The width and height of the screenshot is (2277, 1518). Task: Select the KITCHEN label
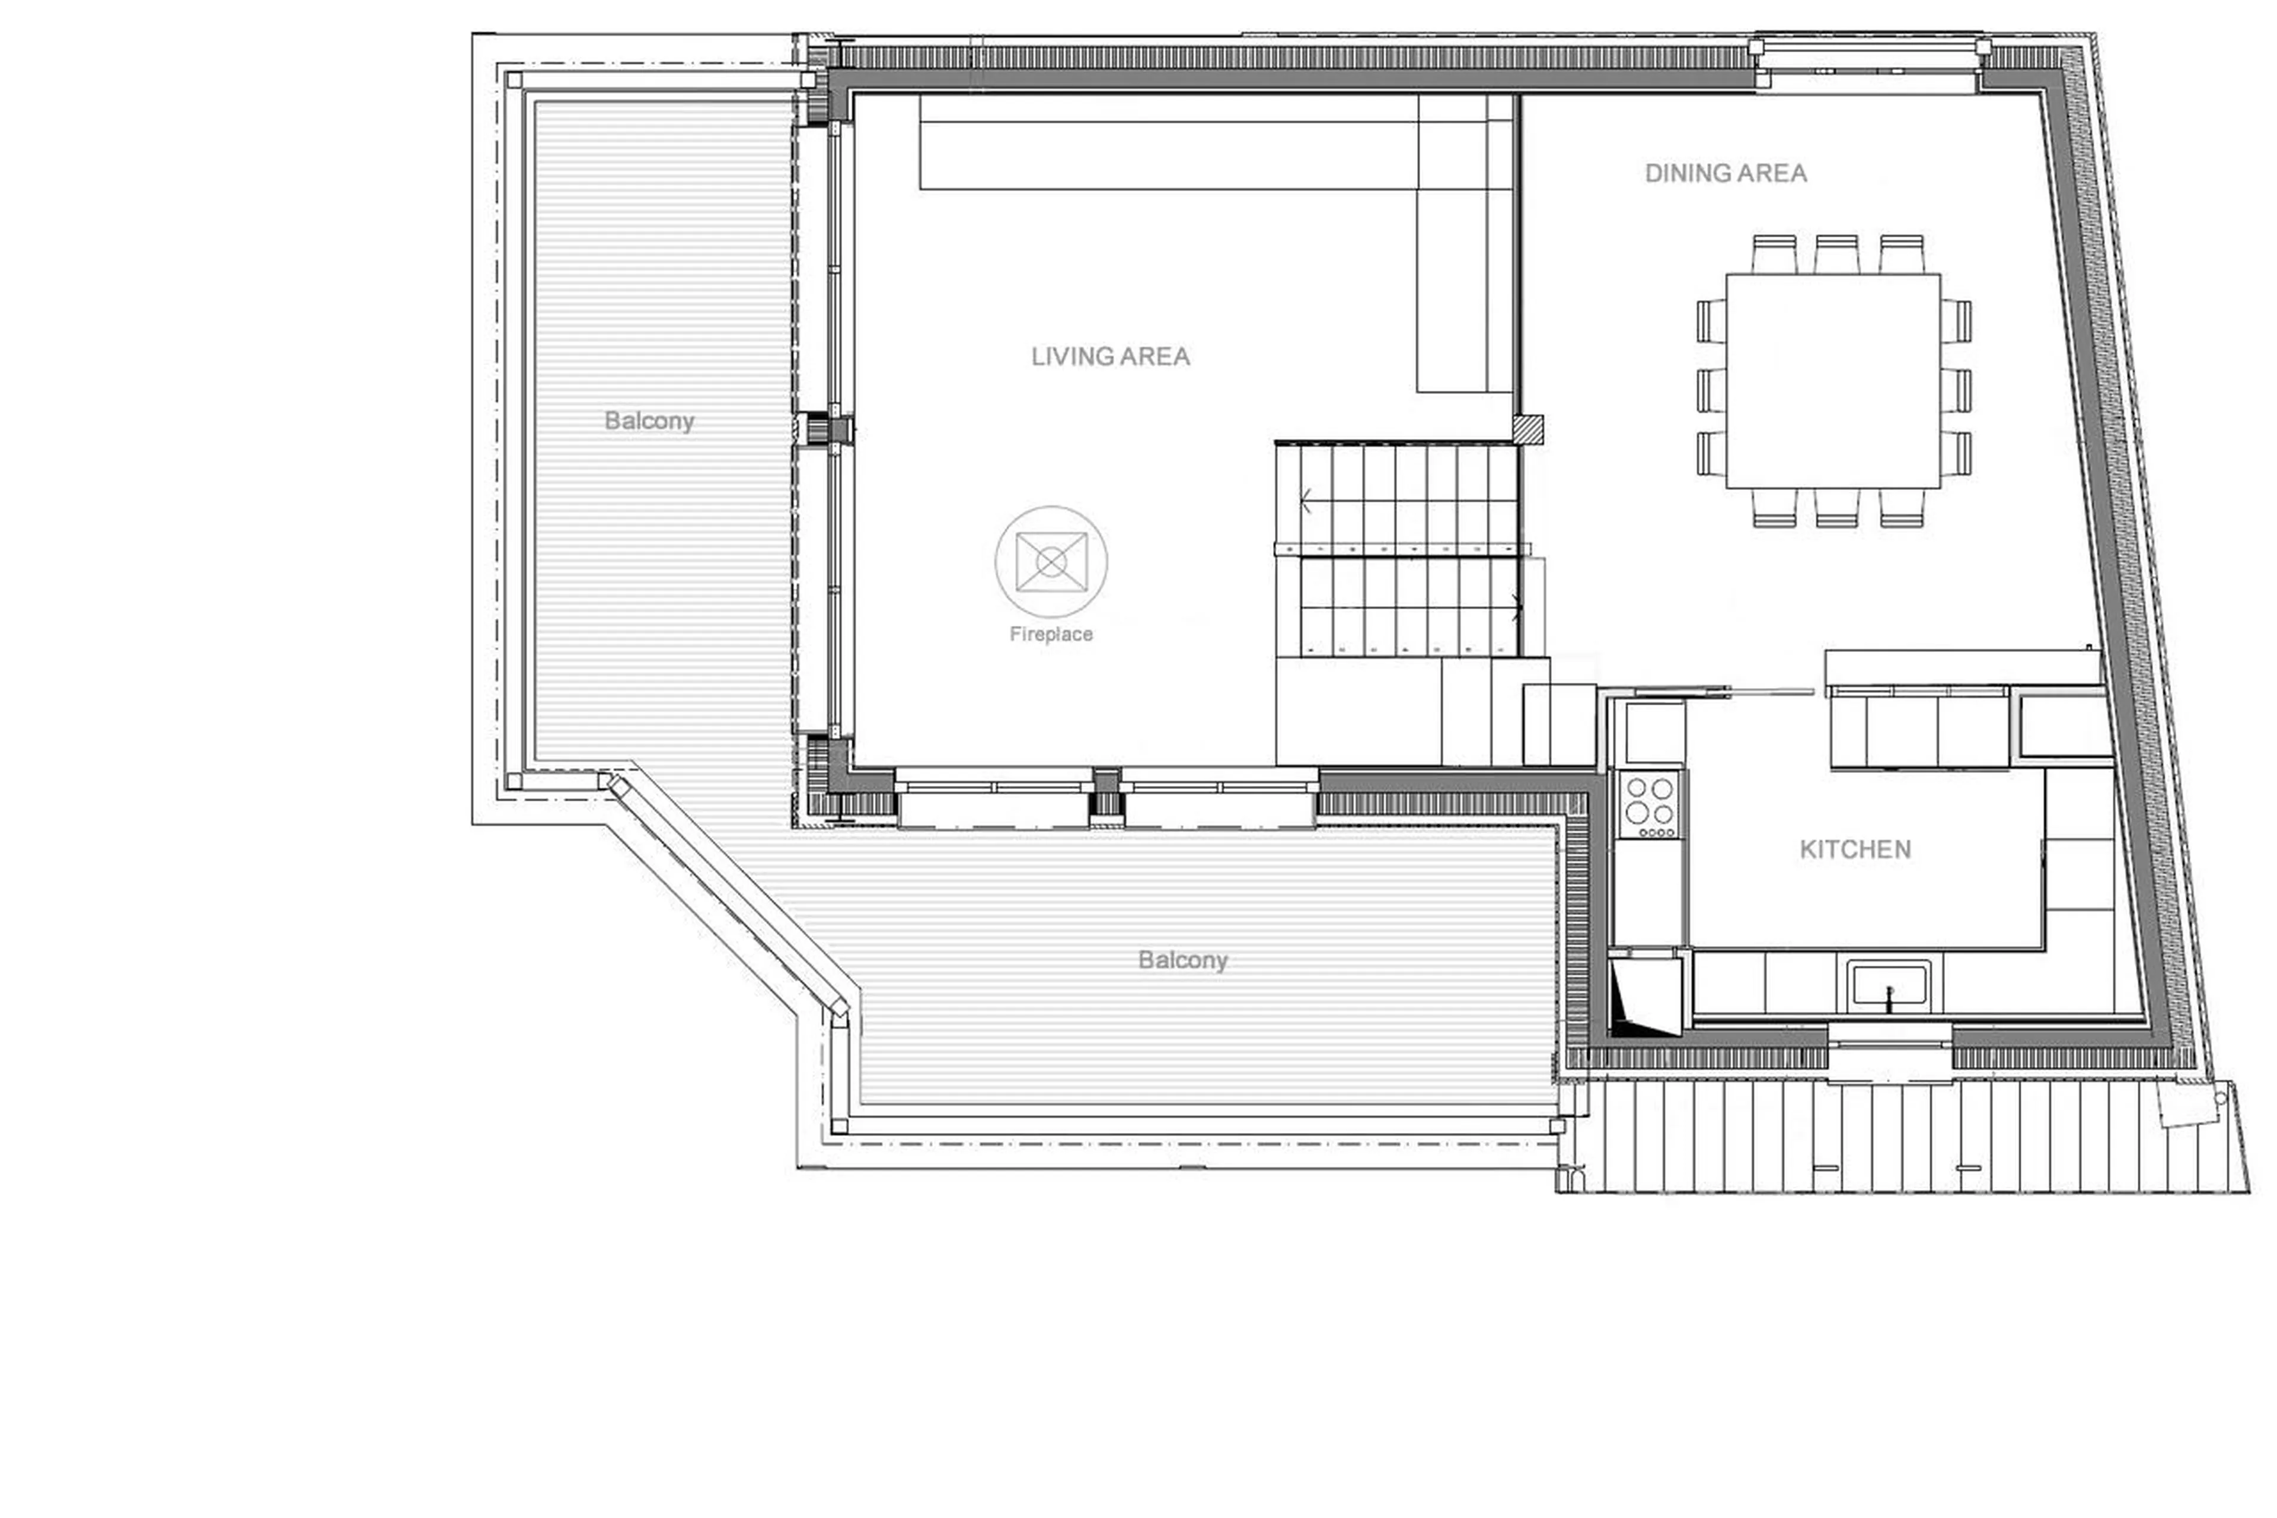click(1854, 849)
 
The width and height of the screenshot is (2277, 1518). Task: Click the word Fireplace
click(1050, 634)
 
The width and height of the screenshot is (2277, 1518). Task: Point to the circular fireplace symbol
click(1051, 562)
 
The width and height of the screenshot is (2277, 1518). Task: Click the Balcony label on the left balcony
click(648, 421)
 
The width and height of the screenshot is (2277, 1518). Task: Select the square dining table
click(1832, 380)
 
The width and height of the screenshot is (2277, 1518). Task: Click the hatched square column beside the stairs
click(1529, 429)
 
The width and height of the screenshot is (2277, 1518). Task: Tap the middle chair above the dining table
click(1836, 254)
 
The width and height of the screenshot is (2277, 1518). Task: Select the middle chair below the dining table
click(1836, 507)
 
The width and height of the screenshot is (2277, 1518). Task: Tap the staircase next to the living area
click(1398, 550)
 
